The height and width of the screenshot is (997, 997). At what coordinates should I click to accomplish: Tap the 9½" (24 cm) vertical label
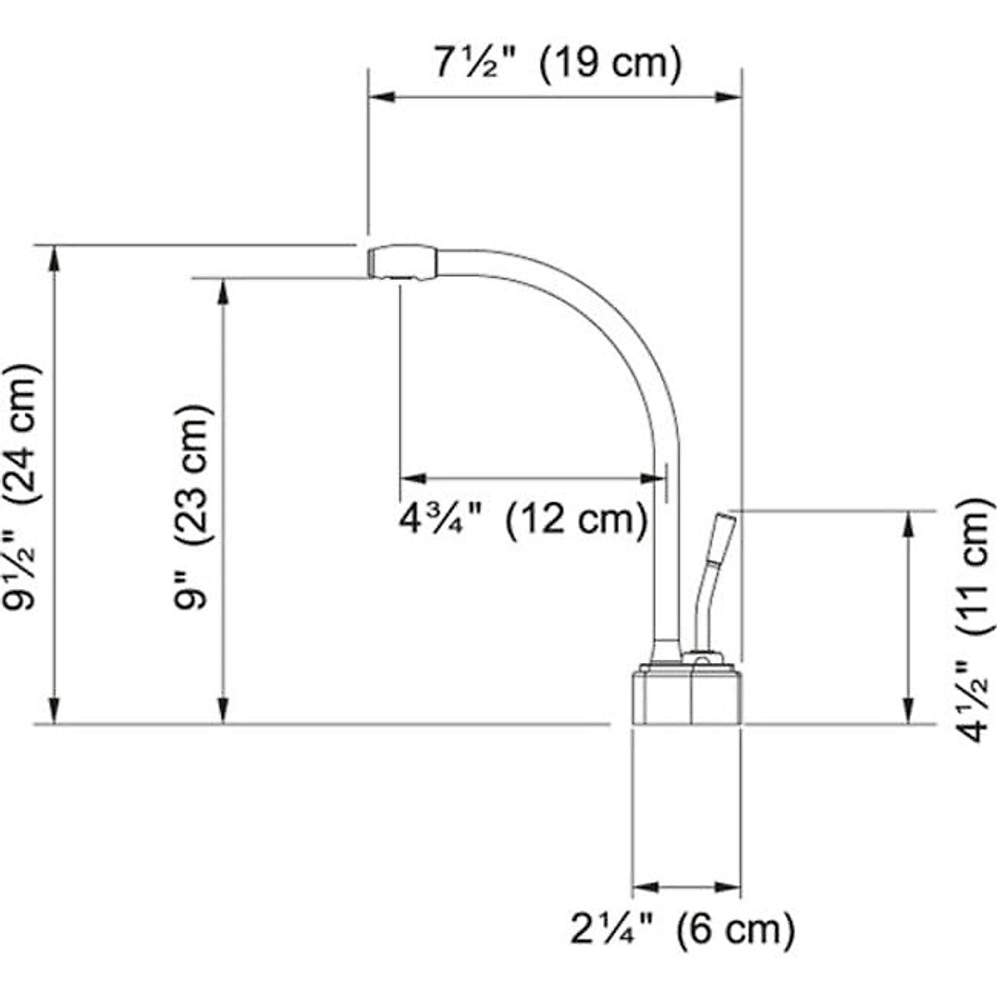pos(21,486)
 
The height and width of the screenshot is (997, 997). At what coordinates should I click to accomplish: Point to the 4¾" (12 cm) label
pos(523,520)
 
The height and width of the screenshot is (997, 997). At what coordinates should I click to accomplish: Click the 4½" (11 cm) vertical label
pos(974,619)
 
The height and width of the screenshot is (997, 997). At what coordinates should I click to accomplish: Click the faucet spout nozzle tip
pos(402,263)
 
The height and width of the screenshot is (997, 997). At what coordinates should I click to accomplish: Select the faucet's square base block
pos(686,696)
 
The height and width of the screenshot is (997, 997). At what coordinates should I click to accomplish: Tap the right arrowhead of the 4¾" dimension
pos(653,478)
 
